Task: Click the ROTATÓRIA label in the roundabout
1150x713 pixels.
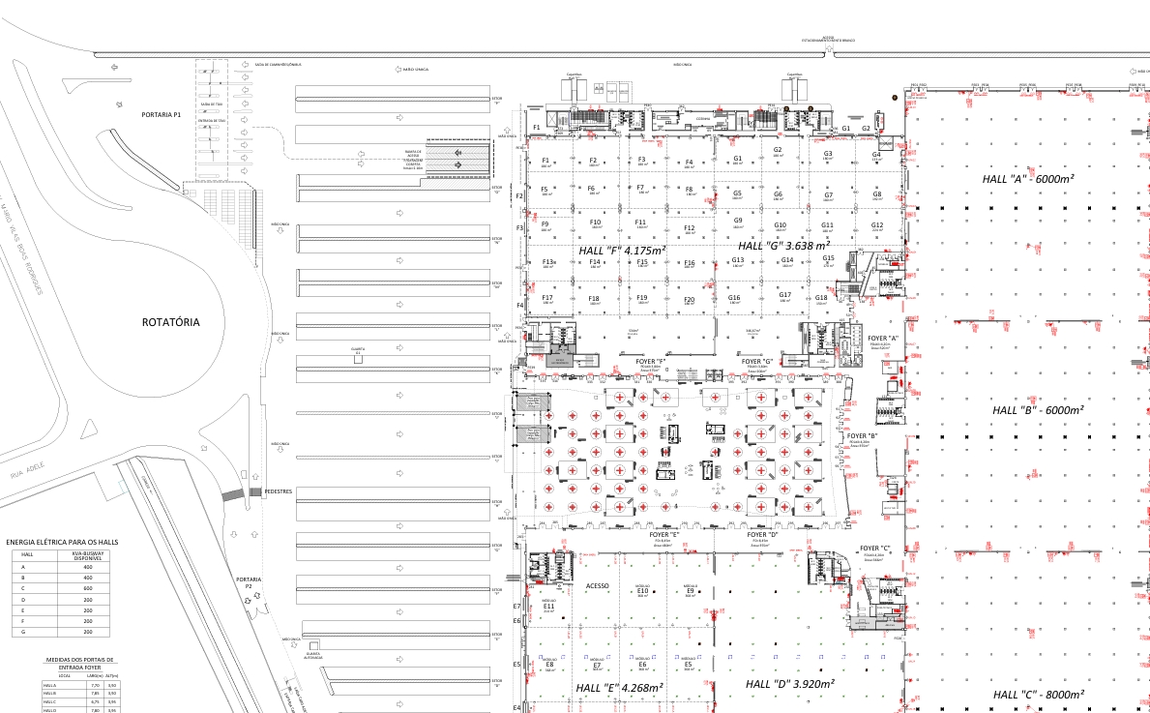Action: (x=170, y=322)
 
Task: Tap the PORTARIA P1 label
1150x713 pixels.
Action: (x=162, y=114)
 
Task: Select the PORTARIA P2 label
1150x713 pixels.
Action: (x=248, y=582)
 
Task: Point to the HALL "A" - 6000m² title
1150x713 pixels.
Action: (x=1028, y=179)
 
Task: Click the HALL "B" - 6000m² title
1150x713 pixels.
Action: (x=1039, y=410)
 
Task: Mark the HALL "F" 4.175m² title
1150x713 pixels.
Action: (x=622, y=251)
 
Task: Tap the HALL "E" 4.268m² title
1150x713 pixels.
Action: (x=619, y=688)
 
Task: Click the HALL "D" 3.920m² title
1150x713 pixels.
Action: (x=790, y=684)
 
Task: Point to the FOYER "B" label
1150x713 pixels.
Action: (x=862, y=436)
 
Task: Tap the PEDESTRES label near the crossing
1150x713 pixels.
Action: (x=279, y=491)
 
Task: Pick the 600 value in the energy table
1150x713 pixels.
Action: (x=87, y=588)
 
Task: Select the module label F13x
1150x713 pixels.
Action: (x=548, y=261)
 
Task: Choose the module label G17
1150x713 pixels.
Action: (x=785, y=295)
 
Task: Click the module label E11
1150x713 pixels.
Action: (x=548, y=606)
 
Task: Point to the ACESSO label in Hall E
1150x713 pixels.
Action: (x=598, y=585)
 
